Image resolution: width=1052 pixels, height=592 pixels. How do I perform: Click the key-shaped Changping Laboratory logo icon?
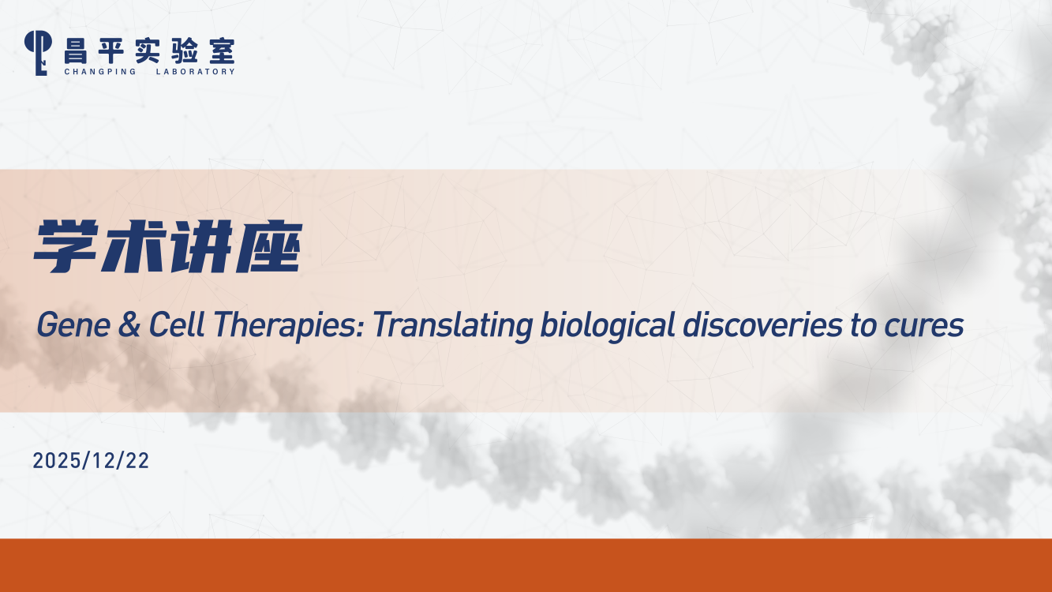pos(38,53)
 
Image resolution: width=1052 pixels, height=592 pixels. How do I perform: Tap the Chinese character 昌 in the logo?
pos(76,51)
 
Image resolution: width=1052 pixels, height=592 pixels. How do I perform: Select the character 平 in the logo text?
pos(111,51)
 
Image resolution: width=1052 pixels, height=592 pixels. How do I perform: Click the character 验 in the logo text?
pos(185,51)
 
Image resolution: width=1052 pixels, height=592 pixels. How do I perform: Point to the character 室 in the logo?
pos(222,51)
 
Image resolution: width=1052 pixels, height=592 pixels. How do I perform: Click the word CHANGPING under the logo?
pos(100,71)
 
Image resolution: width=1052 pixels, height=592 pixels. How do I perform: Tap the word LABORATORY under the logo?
pos(196,71)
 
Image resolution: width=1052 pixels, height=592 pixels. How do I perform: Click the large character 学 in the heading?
pos(66,246)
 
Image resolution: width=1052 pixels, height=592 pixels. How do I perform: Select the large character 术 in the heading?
pos(135,246)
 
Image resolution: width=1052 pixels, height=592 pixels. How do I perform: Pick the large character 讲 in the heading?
pos(202,246)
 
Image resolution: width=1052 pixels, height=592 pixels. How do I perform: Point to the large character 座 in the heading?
pos(269,246)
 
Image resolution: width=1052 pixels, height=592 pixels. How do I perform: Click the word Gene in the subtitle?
pos(73,324)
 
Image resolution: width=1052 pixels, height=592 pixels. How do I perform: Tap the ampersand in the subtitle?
pos(129,324)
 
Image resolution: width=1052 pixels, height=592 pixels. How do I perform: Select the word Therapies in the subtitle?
pos(290,326)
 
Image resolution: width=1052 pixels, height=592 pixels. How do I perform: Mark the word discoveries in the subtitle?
pos(762,324)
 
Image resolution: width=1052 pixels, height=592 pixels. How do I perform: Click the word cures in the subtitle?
pos(924,328)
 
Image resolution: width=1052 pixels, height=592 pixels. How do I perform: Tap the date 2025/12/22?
pos(91,460)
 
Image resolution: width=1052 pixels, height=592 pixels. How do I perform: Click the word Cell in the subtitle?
pos(177,324)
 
